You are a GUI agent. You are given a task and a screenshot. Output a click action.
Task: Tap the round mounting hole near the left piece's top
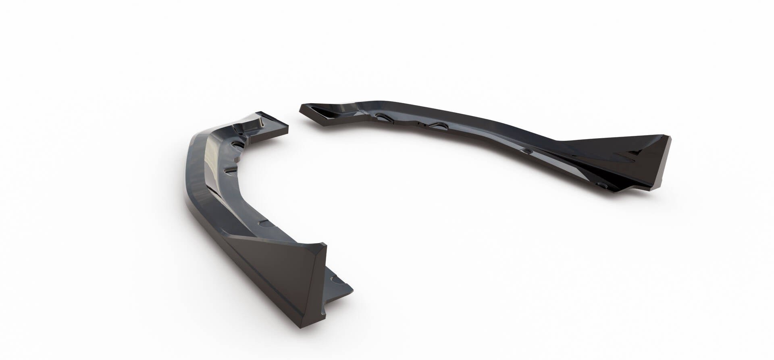click(x=238, y=144)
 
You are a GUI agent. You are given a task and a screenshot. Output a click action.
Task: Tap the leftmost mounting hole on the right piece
click(x=381, y=116)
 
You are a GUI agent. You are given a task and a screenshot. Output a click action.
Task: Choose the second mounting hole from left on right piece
click(x=437, y=125)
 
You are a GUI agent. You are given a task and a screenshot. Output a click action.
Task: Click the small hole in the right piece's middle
click(x=526, y=151)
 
